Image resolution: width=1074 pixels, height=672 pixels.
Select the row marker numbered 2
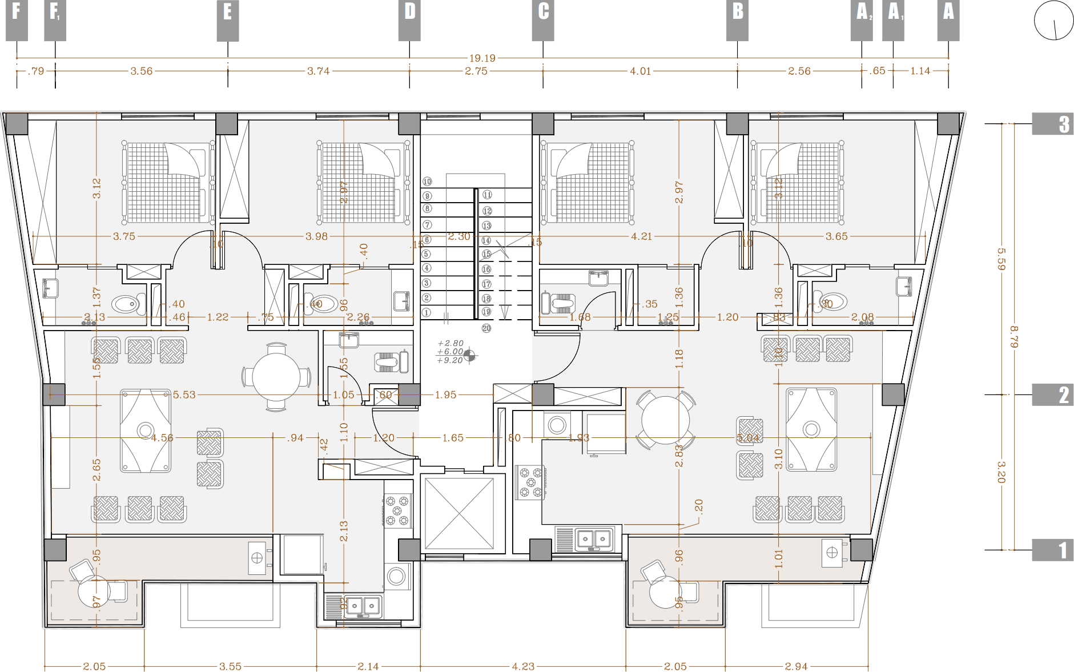1053,395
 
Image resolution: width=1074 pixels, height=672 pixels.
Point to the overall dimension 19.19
482,58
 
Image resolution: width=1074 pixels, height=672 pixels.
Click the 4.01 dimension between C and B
640,71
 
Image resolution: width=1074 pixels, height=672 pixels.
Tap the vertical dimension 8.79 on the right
1013,337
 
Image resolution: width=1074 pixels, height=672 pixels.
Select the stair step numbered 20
486,328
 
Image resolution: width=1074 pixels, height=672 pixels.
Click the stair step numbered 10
427,182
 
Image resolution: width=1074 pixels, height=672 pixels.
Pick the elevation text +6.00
450,352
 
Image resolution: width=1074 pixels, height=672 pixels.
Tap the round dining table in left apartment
276,377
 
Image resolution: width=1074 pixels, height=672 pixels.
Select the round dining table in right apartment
665,420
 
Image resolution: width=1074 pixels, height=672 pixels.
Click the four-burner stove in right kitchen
530,482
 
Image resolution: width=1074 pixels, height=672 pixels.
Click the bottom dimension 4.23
523,666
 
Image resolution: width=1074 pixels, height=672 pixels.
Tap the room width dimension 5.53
184,395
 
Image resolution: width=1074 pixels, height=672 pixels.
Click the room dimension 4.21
641,236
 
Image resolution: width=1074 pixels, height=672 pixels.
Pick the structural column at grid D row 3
409,124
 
